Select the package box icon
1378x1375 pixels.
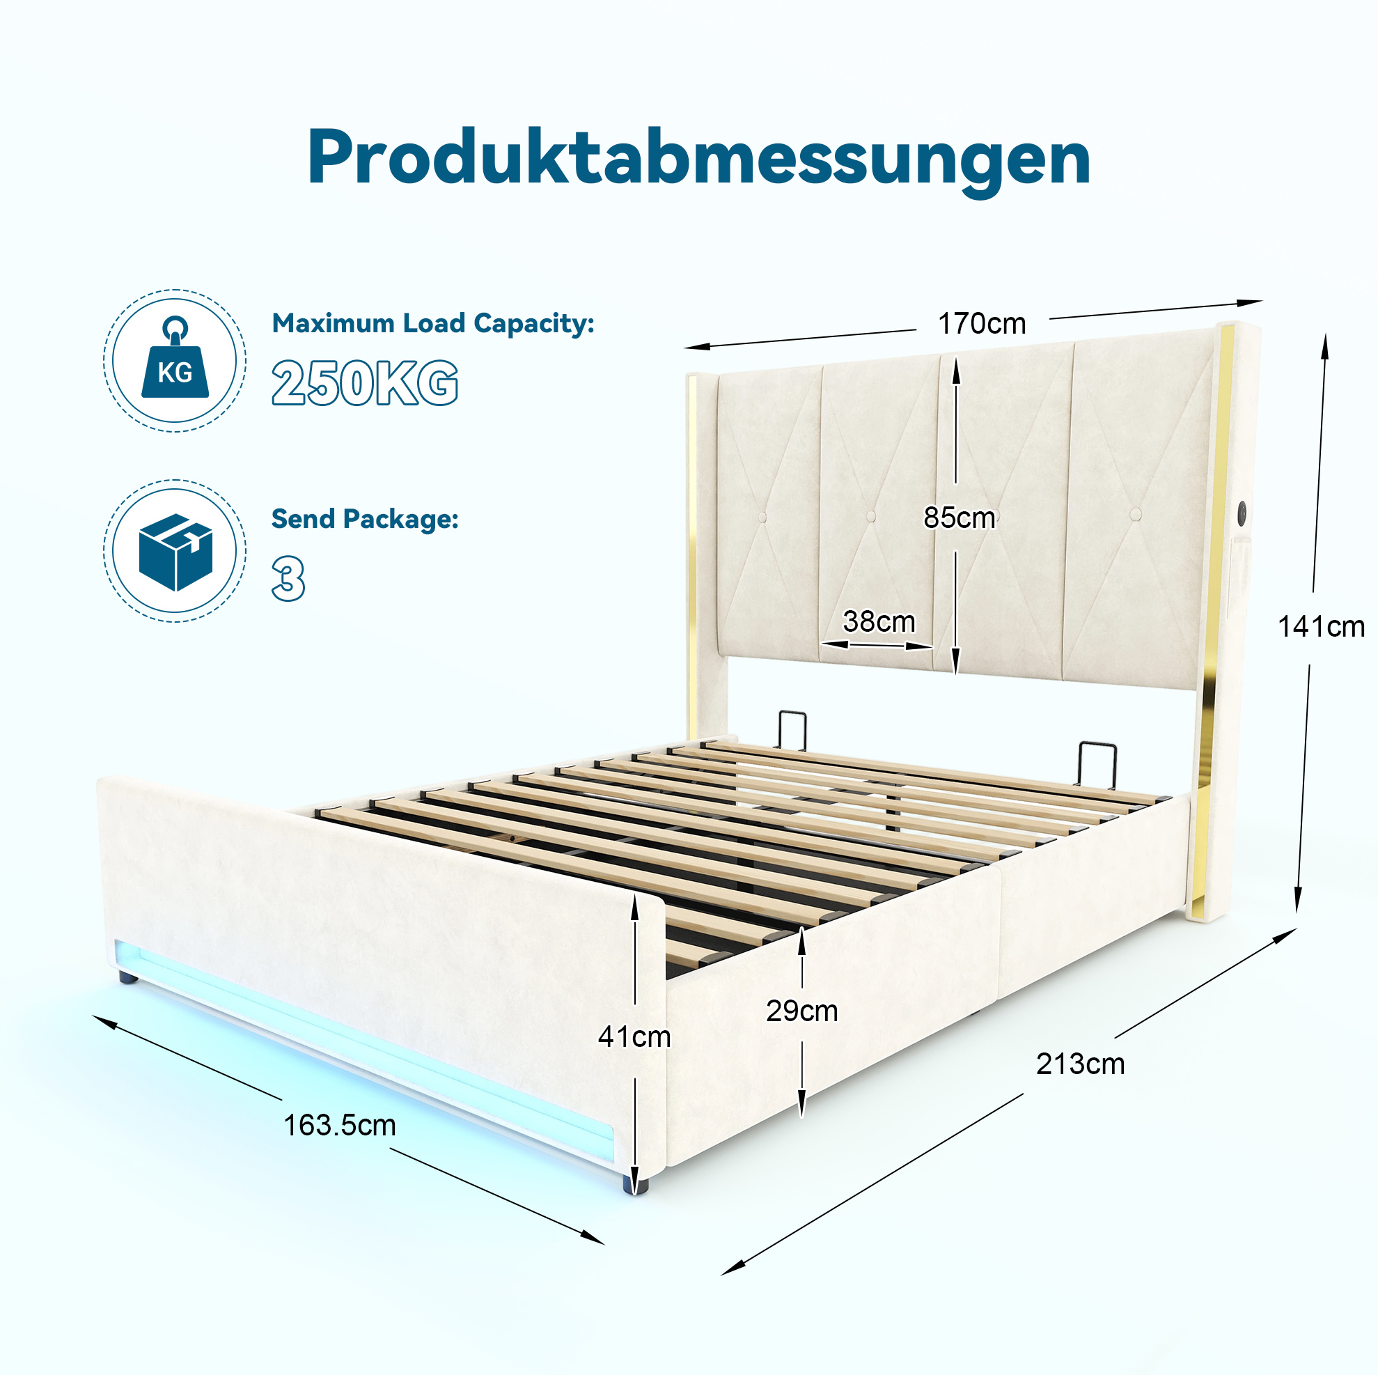click(x=175, y=552)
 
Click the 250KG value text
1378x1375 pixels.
click(x=364, y=383)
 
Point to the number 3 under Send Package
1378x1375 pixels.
click(x=288, y=579)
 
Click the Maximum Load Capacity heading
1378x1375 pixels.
click(x=433, y=324)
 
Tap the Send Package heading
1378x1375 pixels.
click(x=364, y=519)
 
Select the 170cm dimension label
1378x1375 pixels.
click(x=981, y=324)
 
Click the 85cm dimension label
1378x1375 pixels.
click(x=960, y=518)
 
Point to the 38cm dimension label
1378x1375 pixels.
click(x=879, y=621)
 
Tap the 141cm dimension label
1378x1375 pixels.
click(x=1321, y=626)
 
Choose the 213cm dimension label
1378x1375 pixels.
click(x=1081, y=1064)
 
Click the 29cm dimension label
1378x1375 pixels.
click(x=801, y=1011)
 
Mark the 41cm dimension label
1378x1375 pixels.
click(x=634, y=1036)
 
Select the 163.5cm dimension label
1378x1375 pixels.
click(x=340, y=1125)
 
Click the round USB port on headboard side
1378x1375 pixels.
click(x=1242, y=510)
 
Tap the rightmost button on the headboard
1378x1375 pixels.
click(x=1136, y=514)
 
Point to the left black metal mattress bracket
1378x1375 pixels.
click(x=792, y=730)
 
